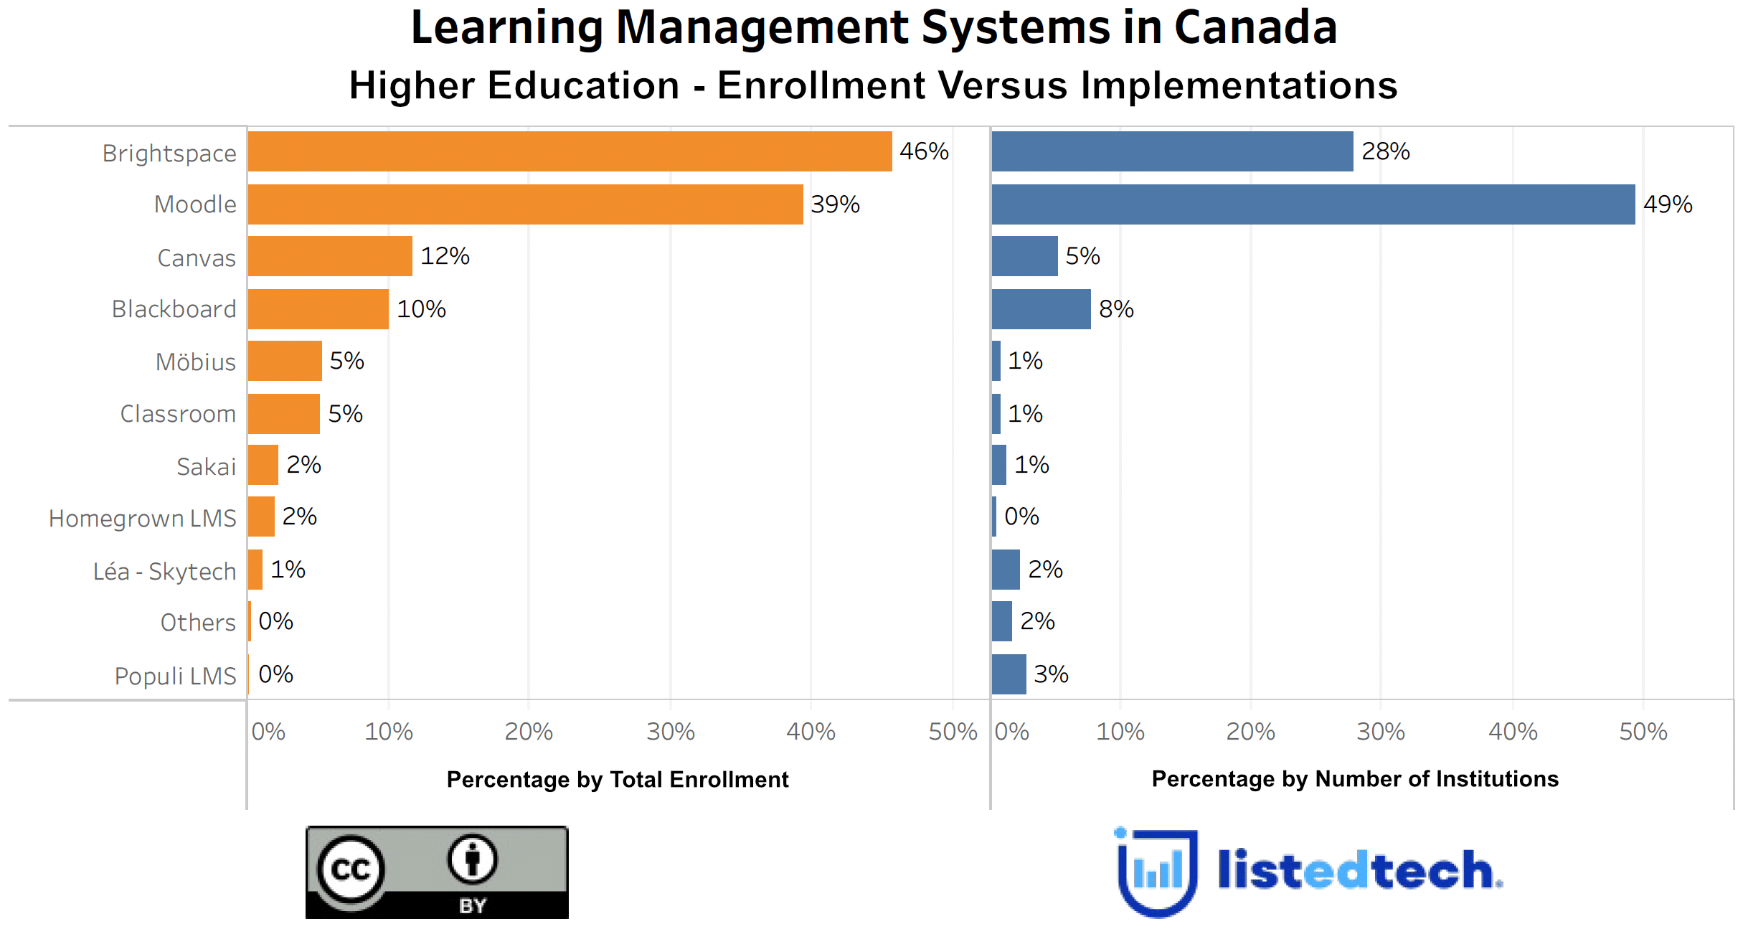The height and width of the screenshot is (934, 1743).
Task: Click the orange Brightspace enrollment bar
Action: pyautogui.click(x=570, y=151)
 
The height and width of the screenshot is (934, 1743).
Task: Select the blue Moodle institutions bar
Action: pyautogui.click(x=1313, y=204)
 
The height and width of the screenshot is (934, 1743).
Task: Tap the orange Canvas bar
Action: pyautogui.click(x=330, y=256)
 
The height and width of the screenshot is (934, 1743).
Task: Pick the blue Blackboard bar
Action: pyautogui.click(x=1041, y=309)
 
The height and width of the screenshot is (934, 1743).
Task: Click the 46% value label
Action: pyautogui.click(x=924, y=151)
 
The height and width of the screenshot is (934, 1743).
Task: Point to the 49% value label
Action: pyautogui.click(x=1668, y=204)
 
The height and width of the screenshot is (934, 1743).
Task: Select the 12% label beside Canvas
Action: pyautogui.click(x=445, y=256)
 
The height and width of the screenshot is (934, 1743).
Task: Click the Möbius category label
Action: pyautogui.click(x=195, y=362)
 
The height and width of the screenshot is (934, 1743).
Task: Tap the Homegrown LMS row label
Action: pyautogui.click(x=142, y=518)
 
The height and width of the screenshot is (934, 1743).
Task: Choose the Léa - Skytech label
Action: pyautogui.click(x=164, y=571)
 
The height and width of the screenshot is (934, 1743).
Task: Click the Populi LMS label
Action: pyautogui.click(x=175, y=676)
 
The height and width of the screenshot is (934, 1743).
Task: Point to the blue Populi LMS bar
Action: pyautogui.click(x=1009, y=674)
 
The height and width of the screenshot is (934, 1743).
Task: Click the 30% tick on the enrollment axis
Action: pyautogui.click(x=670, y=732)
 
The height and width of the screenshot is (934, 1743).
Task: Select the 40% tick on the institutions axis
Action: pyautogui.click(x=1512, y=732)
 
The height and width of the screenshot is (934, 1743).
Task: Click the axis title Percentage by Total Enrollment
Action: pyautogui.click(x=617, y=779)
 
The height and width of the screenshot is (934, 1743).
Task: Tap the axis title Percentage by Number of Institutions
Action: pyautogui.click(x=1354, y=779)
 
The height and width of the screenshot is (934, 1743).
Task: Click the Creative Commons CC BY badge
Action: pyautogui.click(x=436, y=872)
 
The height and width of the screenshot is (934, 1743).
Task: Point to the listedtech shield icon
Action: pyautogui.click(x=1157, y=872)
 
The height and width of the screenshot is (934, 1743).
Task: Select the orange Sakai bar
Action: pyautogui.click(x=263, y=465)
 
